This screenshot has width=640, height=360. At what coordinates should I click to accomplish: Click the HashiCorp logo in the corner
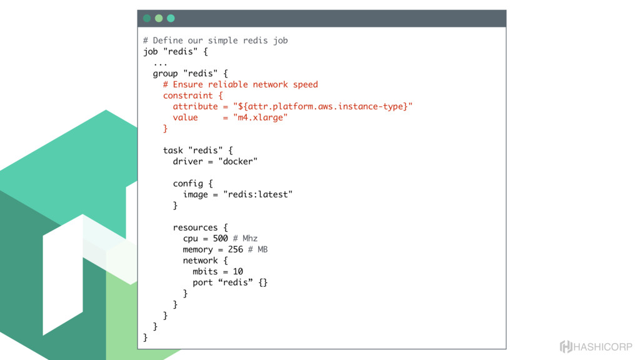coord(596,347)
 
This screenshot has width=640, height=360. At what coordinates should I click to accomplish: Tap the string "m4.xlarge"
coord(260,117)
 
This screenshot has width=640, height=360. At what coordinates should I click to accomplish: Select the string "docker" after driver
coord(237,161)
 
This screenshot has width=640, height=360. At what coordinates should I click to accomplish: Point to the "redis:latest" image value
coord(257,194)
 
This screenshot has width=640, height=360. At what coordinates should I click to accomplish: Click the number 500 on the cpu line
coord(220,239)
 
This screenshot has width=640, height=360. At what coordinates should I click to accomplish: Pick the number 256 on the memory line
coord(235,249)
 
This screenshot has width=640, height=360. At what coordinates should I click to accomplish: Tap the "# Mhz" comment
coord(245,239)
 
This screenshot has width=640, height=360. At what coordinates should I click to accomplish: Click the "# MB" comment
coord(257,249)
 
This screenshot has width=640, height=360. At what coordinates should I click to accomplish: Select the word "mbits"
coord(205,271)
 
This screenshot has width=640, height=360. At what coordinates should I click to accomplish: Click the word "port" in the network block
coord(202,282)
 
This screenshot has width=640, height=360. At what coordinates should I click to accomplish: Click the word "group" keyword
coord(165,74)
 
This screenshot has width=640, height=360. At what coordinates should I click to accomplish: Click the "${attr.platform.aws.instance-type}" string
coord(322,106)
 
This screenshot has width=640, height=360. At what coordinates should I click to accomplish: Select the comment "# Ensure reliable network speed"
coord(240,84)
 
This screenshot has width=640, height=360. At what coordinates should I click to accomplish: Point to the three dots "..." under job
coord(160,62)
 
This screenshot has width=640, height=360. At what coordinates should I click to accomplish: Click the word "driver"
coord(188,161)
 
